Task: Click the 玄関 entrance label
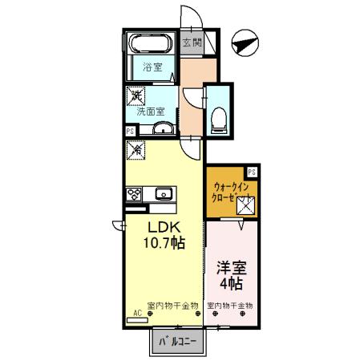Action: pyautogui.click(x=190, y=44)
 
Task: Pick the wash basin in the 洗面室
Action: pyautogui.click(x=163, y=130)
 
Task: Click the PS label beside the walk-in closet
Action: pyautogui.click(x=252, y=171)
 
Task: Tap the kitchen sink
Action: pyautogui.click(x=164, y=193)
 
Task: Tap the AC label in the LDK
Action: pyautogui.click(x=137, y=312)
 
